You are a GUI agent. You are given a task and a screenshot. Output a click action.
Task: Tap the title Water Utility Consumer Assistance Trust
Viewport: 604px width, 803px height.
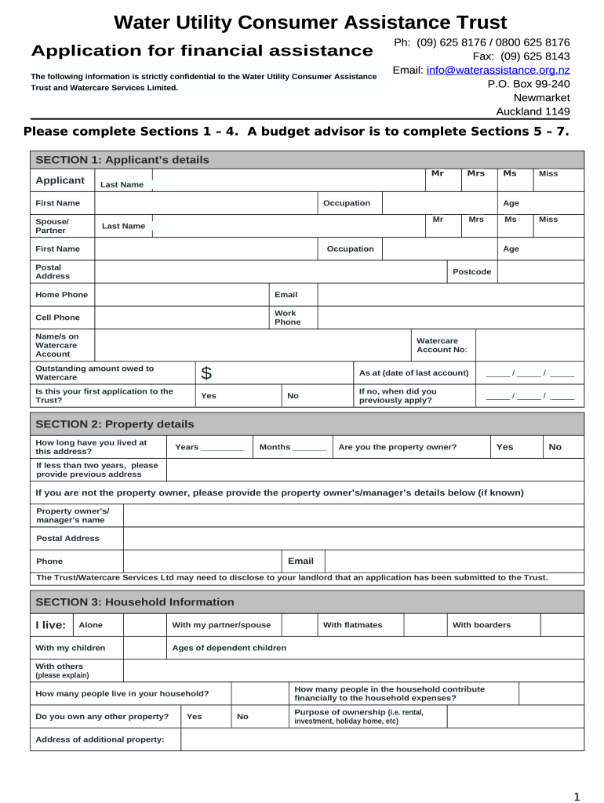(310, 22)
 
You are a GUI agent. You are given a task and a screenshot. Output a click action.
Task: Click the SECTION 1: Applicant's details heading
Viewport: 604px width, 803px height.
(122, 160)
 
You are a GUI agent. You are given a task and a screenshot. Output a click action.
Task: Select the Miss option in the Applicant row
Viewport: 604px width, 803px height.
(548, 173)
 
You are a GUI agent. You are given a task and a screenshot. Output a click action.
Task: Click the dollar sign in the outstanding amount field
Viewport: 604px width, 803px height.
(206, 373)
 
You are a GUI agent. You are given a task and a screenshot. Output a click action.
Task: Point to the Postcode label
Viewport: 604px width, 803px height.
(472, 271)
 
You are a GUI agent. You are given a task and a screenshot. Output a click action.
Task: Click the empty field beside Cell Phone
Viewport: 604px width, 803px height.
(181, 318)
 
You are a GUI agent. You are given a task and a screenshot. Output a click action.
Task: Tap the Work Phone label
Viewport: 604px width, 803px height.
(286, 318)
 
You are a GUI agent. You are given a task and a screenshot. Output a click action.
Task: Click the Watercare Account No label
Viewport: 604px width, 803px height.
(442, 345)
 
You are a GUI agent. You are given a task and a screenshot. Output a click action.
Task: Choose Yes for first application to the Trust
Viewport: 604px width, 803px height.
(209, 396)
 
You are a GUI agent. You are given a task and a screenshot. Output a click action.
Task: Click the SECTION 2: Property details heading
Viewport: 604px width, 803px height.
(115, 424)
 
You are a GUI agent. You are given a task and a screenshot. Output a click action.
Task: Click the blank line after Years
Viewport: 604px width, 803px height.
(223, 448)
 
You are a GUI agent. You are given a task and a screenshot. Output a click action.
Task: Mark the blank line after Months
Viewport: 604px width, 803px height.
(309, 448)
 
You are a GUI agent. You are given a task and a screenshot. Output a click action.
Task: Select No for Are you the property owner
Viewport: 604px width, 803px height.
(555, 447)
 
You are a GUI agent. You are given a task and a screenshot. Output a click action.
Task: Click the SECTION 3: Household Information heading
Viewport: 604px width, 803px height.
(135, 602)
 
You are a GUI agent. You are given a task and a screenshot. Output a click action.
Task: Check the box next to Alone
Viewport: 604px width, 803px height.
(144, 625)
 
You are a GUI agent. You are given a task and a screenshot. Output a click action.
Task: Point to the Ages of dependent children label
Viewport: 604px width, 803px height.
(229, 648)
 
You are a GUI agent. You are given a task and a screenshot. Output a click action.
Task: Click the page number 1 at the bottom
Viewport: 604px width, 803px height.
(577, 797)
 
